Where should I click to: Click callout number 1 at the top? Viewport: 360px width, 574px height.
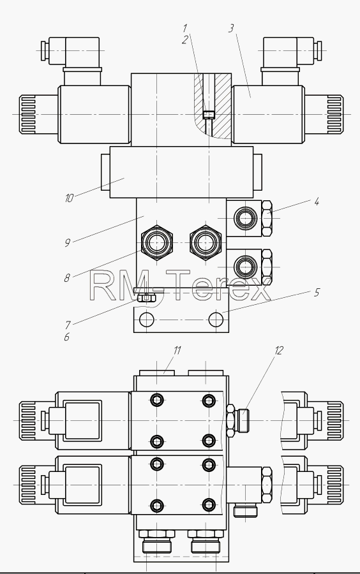(x=185, y=28)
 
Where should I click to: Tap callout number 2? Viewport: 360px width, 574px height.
(x=185, y=40)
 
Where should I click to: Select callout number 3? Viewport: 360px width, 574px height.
(x=230, y=28)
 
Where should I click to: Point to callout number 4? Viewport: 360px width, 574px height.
(x=317, y=202)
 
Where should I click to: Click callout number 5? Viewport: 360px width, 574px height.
(x=317, y=293)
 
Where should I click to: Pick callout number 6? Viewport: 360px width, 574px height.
(x=66, y=337)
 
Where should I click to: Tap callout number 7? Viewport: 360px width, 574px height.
(x=68, y=325)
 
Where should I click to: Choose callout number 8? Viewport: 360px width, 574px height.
(x=66, y=278)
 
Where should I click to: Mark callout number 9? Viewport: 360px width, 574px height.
(x=68, y=243)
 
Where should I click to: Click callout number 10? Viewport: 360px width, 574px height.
(x=69, y=198)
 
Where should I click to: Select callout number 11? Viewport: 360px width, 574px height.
(x=177, y=350)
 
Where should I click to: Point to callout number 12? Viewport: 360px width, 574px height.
(x=279, y=350)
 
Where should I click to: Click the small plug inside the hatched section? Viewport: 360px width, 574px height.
(x=208, y=115)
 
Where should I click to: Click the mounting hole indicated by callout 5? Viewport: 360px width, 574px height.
(x=216, y=320)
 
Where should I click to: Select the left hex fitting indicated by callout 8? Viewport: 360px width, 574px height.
(x=157, y=242)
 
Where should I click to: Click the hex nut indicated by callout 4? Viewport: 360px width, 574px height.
(x=267, y=218)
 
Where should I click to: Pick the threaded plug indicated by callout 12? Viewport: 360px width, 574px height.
(x=244, y=420)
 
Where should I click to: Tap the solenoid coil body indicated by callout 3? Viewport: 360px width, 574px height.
(x=268, y=114)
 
